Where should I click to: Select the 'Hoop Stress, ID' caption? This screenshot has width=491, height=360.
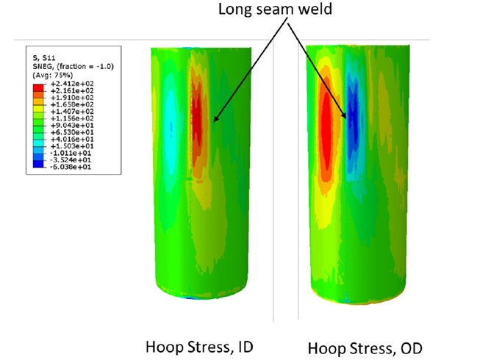(x=198, y=345)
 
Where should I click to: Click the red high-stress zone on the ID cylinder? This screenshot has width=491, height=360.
(x=197, y=110)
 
